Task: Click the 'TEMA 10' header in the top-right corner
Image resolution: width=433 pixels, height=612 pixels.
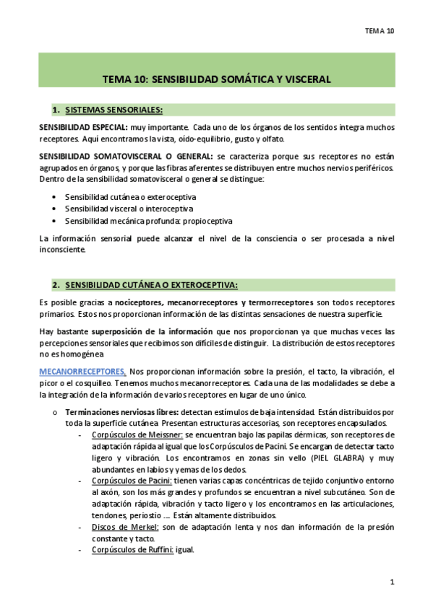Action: click(x=379, y=31)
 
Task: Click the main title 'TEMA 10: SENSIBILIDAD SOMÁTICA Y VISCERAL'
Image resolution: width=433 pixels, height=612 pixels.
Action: click(x=216, y=79)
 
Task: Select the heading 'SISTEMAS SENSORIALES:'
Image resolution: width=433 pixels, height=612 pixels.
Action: click(x=113, y=110)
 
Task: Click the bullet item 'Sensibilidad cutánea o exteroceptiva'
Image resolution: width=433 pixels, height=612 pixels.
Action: click(x=130, y=196)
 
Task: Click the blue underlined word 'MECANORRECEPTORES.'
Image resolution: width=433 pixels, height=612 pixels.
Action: click(x=82, y=372)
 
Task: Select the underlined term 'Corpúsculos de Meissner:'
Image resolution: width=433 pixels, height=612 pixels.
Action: click(x=137, y=435)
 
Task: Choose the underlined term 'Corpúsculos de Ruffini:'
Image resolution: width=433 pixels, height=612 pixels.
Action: click(x=134, y=549)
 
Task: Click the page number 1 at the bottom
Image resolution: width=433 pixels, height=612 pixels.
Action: click(x=392, y=582)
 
